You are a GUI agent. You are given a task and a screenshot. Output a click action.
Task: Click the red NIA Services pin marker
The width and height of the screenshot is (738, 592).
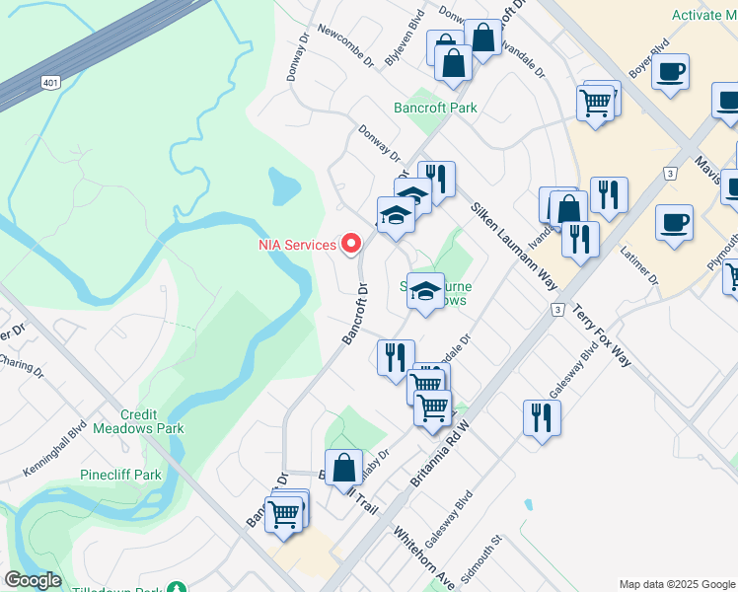point(350,245)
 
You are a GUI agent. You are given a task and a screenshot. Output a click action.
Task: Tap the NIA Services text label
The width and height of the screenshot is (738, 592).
point(297,245)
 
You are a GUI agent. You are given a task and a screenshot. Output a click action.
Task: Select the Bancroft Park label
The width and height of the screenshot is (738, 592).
point(435,108)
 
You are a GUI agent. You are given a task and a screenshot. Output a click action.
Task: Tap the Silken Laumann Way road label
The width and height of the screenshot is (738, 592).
point(514,247)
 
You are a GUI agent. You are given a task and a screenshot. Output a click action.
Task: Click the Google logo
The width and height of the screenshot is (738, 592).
point(33,580)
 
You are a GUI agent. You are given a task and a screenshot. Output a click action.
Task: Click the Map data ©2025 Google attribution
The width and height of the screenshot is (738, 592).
point(677,584)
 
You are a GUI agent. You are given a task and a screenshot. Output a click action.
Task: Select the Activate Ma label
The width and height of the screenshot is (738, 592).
point(704,15)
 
